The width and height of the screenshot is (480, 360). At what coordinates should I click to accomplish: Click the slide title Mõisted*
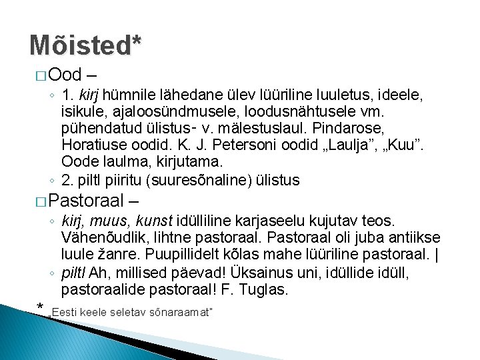[85, 46]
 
